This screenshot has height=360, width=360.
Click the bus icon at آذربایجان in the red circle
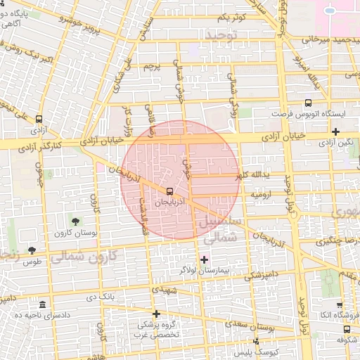pyautogui.click(x=169, y=191)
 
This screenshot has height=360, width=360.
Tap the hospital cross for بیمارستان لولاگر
pyautogui.click(x=204, y=259)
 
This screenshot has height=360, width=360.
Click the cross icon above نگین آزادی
pyautogui.click(x=336, y=131)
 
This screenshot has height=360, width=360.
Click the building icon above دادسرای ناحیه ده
pyautogui.click(x=43, y=304)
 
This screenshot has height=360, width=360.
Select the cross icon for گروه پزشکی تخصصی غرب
pyautogui.click(x=156, y=314)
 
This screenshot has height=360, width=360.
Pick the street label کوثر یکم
pyautogui.click(x=231, y=17)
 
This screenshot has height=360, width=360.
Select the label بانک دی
pyautogui.click(x=101, y=297)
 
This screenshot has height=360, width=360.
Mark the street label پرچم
pyautogui.click(x=153, y=66)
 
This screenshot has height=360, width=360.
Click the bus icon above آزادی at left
pyautogui.click(x=37, y=120)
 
